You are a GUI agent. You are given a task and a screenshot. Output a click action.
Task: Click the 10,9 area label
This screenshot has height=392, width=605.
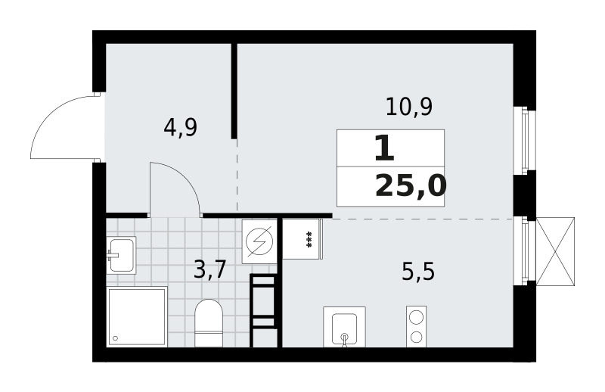409,107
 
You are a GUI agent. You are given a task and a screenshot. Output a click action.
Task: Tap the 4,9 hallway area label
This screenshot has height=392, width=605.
180,127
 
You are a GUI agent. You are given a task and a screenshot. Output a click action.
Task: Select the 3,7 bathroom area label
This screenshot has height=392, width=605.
209,269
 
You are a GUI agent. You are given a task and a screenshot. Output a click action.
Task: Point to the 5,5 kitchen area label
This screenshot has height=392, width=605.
418,272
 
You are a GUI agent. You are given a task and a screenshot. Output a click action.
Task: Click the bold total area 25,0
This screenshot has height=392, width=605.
411,185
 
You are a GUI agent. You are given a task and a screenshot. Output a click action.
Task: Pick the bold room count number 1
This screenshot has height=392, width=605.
384,148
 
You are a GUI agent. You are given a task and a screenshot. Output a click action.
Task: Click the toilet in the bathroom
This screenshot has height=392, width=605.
209,323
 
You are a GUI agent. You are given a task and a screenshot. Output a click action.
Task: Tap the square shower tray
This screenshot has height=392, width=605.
137,316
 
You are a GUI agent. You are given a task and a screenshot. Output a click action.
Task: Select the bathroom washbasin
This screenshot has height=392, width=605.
121,255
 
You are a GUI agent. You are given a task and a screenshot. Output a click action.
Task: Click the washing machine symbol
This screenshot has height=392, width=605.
259,241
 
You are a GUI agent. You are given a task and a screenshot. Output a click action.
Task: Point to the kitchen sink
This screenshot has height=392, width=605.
344,327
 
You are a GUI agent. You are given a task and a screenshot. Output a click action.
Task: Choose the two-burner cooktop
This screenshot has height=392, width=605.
417,327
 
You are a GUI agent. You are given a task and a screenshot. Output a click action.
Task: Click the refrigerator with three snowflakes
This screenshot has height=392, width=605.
302,238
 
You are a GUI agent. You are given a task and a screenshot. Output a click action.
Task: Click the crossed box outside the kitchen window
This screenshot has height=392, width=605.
555,251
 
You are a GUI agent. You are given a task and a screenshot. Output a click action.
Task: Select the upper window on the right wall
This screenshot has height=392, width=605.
524,140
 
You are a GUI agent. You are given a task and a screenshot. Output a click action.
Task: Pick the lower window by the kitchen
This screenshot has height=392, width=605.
524,251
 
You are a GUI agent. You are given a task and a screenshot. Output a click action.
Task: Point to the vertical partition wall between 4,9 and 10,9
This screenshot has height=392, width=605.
234,91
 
